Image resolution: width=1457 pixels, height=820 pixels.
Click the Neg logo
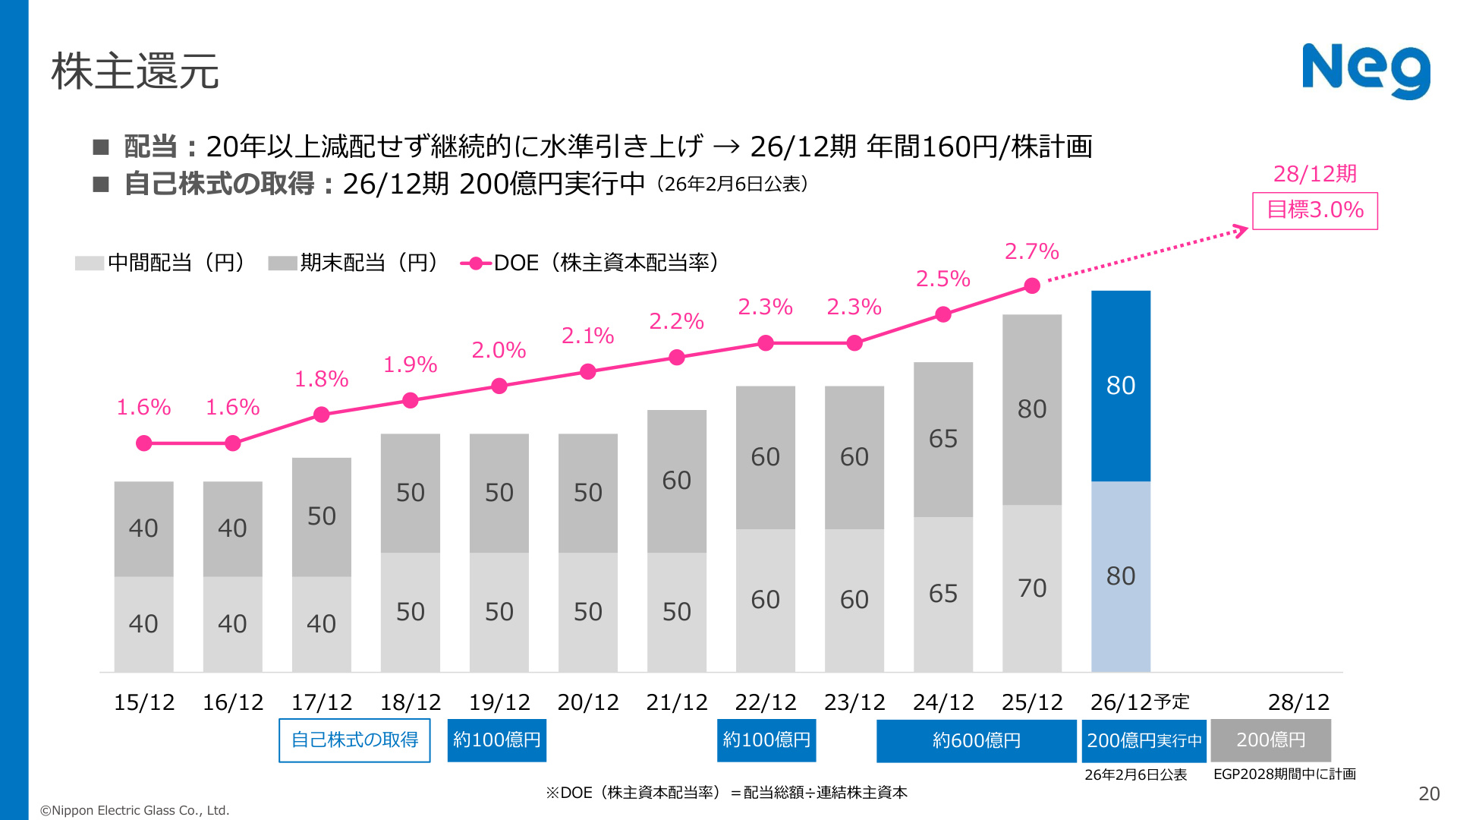point(1366,71)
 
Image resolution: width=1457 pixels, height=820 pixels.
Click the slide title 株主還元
point(135,71)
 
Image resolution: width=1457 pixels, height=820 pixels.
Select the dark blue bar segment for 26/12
point(1121,386)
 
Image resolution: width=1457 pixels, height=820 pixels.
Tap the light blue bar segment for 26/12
point(1121,576)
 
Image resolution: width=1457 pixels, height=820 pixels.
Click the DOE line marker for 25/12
point(1032,285)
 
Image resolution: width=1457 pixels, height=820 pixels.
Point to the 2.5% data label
point(942,279)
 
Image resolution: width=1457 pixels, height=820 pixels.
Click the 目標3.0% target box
point(1314,210)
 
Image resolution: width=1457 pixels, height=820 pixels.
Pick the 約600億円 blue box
point(977,740)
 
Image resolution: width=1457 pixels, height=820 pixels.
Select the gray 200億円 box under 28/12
point(1271,740)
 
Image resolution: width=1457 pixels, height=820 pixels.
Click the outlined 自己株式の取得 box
point(354,740)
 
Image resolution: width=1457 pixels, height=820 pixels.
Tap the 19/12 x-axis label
point(499,702)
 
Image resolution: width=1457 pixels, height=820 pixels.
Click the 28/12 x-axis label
point(1298,702)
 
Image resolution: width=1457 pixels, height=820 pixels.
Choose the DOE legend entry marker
point(476,263)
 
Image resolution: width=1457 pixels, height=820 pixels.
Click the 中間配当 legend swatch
point(90,263)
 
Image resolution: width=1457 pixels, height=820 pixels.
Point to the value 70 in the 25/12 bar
point(1032,588)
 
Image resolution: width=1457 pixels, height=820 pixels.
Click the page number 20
point(1429,793)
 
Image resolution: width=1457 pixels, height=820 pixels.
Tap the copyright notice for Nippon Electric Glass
point(134,810)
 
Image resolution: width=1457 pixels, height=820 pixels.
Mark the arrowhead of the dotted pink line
point(1242,230)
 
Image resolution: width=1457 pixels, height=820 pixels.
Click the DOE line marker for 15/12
point(144,443)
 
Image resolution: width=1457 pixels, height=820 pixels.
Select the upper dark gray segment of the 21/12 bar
point(677,481)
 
